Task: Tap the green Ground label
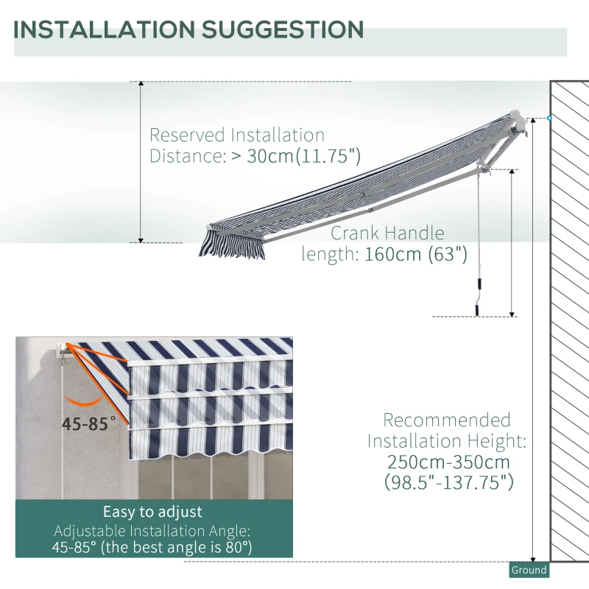[529, 570]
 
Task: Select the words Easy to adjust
[152, 512]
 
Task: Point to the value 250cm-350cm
[448, 462]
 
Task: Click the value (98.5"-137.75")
[448, 483]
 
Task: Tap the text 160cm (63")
[416, 254]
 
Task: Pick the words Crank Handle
[387, 233]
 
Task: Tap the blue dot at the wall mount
[549, 118]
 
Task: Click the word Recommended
[446, 420]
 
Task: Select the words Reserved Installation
[236, 135]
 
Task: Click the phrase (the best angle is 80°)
[188, 548]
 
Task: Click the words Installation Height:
[446, 442]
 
